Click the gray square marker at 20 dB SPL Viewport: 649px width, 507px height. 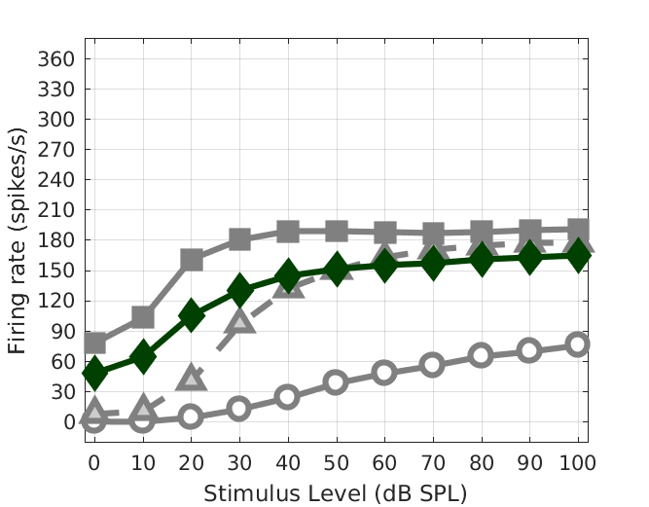point(192,260)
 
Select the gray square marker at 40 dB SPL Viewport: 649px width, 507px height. point(288,232)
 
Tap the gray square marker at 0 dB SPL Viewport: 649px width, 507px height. point(94,343)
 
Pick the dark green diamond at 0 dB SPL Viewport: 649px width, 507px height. point(94,373)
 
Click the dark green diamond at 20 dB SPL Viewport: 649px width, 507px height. point(192,315)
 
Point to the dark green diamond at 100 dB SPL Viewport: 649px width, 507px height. point(578,256)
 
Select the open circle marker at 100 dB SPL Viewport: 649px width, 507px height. point(578,344)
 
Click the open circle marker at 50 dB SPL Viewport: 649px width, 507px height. point(336,382)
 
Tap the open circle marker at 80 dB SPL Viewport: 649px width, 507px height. point(481,355)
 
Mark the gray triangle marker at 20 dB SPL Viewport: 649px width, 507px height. point(192,378)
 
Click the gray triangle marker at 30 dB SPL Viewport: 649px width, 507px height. point(239,319)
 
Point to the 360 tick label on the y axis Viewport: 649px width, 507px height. point(55,59)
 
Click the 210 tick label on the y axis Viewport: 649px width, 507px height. point(55,210)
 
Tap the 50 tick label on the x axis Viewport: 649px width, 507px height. point(336,459)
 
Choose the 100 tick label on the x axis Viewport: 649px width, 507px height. point(578,459)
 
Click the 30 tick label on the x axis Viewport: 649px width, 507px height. point(239,459)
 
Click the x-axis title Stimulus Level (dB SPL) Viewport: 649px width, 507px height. point(336,493)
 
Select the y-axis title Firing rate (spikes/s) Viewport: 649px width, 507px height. point(18,239)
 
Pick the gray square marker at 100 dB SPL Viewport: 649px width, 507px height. point(578,231)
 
